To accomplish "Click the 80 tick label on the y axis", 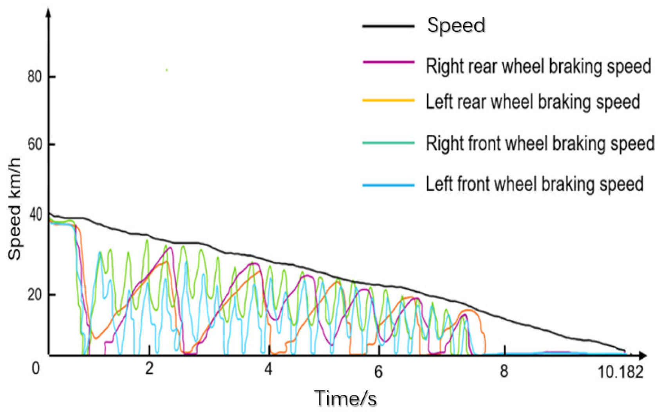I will point(35,76).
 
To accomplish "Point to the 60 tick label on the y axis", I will point(35,144).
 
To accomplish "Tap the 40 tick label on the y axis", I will point(35,215).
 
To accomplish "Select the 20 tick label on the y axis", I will point(35,295).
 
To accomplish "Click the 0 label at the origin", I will point(36,368).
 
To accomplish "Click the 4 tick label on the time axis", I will point(269,369).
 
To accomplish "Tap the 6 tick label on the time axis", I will point(378,371).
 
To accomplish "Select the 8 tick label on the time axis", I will point(504,371).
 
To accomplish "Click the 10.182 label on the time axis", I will point(620,372).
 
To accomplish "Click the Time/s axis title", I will point(345,399).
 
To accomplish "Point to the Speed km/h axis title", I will point(14,209).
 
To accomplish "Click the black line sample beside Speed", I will point(388,26).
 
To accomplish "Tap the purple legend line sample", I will point(388,62).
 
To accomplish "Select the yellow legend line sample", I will point(388,101).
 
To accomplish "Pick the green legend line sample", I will point(388,143).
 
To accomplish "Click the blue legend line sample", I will point(388,185).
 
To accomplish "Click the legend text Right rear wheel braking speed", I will point(538,66).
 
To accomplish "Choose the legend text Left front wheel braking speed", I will point(535,184).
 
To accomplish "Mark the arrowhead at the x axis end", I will point(642,356).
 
